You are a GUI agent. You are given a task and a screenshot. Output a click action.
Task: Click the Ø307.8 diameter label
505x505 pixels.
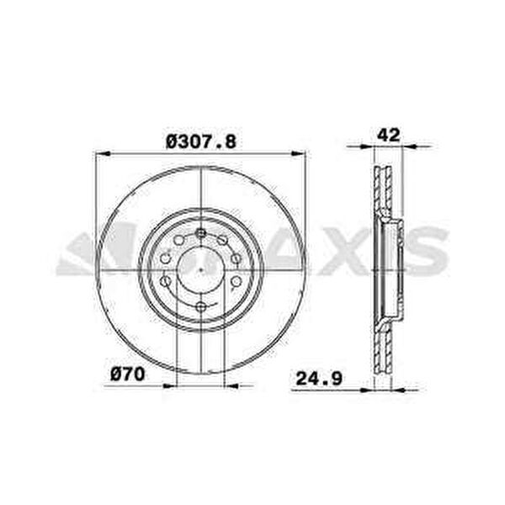click(x=201, y=142)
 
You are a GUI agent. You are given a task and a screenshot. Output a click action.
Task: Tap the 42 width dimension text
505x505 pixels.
click(x=388, y=135)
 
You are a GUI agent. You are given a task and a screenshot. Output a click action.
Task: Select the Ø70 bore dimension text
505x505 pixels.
click(x=128, y=375)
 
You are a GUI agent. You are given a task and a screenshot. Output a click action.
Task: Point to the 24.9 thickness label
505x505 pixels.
click(x=319, y=379)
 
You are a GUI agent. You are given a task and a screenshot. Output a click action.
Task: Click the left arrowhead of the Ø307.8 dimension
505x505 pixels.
click(x=104, y=154)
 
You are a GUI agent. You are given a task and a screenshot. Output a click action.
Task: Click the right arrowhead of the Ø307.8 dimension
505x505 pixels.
click(x=298, y=154)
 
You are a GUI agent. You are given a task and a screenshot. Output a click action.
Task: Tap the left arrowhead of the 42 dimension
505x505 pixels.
click(x=367, y=146)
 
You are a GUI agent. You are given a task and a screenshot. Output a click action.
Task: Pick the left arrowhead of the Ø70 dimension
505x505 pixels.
click(x=170, y=385)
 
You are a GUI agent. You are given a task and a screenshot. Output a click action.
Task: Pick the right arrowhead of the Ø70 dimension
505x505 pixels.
click(x=231, y=385)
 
